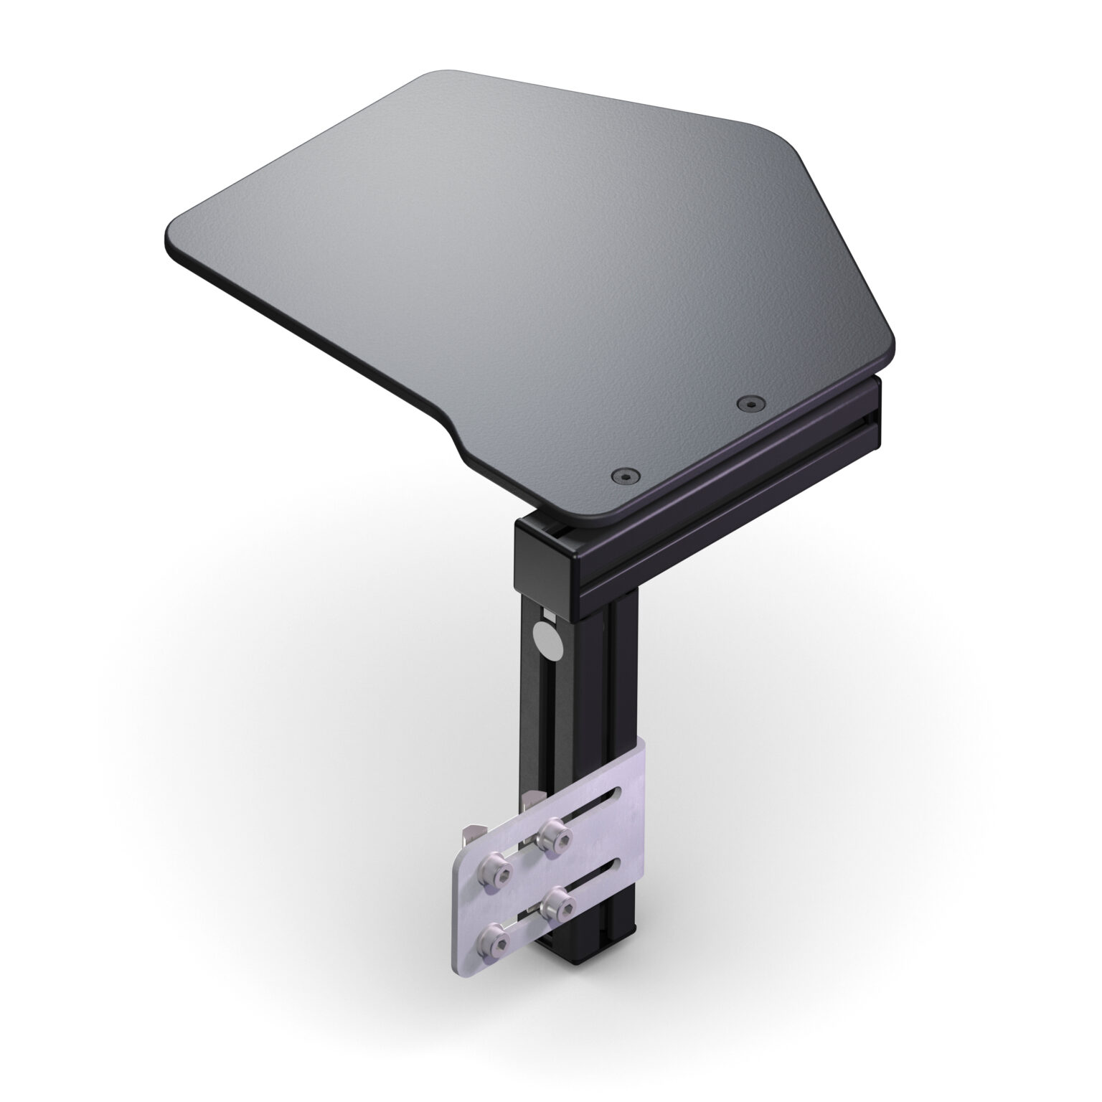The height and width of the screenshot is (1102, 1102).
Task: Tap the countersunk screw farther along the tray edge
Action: point(750,405)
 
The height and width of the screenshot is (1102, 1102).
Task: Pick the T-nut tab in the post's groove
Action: point(531,796)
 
